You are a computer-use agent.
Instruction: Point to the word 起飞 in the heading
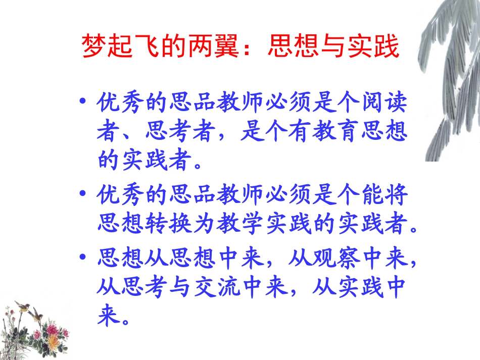click(134, 46)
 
